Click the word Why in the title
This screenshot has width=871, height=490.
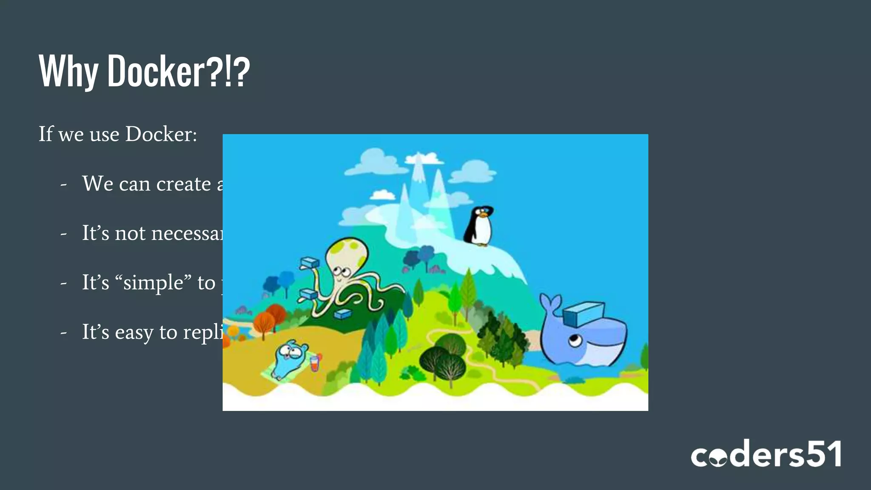coord(68,71)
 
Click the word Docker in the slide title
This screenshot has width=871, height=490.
coord(156,71)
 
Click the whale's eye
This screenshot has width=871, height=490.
coord(574,340)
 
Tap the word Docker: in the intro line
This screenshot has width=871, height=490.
coord(161,134)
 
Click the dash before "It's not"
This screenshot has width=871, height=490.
coord(64,234)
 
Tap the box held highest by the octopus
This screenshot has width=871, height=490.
coord(309,262)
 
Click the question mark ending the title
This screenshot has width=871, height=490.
coord(241,71)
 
